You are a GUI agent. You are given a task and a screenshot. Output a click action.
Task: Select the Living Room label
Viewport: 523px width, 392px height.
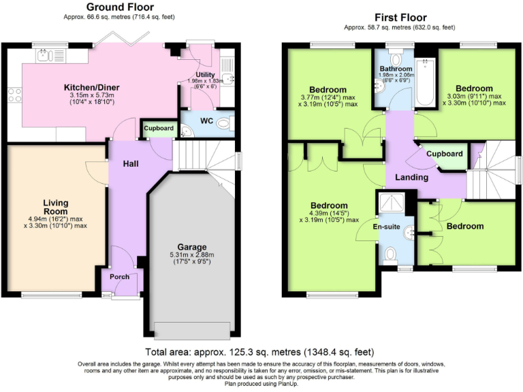[57, 207]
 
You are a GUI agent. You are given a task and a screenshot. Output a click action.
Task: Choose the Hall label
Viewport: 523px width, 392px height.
[131, 164]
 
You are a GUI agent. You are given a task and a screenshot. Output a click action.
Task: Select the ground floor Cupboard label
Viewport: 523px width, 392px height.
[158, 128]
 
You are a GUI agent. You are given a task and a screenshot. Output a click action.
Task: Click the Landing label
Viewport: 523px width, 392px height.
[412, 177]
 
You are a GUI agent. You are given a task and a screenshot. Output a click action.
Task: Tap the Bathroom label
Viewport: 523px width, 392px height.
[396, 69]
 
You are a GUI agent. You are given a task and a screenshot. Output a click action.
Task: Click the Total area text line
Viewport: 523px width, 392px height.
[260, 352]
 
